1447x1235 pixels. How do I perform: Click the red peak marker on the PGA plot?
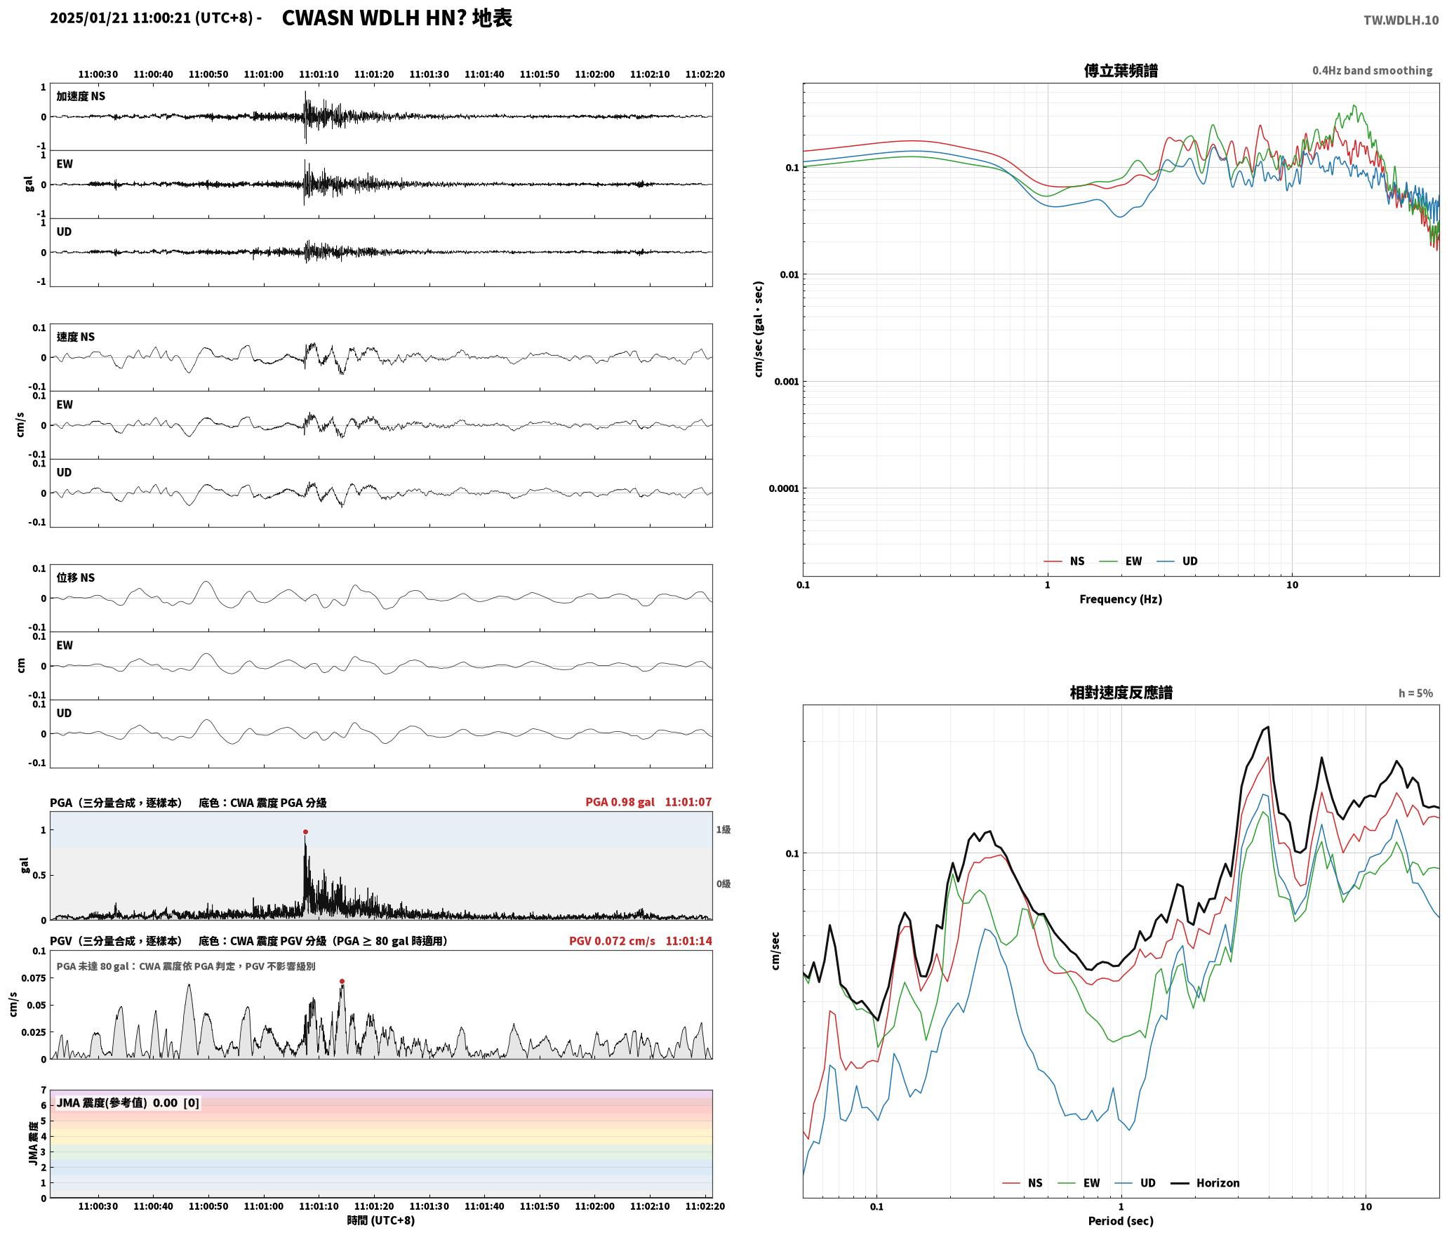[x=305, y=832]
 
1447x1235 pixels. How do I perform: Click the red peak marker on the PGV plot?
[x=342, y=981]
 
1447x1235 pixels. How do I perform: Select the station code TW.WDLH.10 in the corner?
[x=1401, y=20]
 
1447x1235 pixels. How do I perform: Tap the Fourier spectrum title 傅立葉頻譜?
[x=1121, y=71]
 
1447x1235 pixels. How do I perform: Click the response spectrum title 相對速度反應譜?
[x=1121, y=693]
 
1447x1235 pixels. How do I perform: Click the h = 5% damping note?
[x=1415, y=693]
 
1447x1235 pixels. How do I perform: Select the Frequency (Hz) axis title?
[x=1121, y=599]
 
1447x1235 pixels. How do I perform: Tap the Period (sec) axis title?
[x=1121, y=1221]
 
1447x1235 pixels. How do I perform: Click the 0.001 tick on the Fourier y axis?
[x=786, y=382]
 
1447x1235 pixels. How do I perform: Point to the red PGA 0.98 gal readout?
[x=620, y=802]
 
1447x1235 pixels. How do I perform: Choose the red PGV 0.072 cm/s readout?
[x=612, y=941]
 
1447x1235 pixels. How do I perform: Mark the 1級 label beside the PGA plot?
[x=723, y=829]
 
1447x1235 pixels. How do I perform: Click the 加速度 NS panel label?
[x=81, y=96]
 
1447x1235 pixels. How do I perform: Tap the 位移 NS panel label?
[x=76, y=578]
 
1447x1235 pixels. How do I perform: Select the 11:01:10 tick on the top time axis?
[x=319, y=74]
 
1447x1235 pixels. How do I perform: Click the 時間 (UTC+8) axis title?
[x=381, y=1220]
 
